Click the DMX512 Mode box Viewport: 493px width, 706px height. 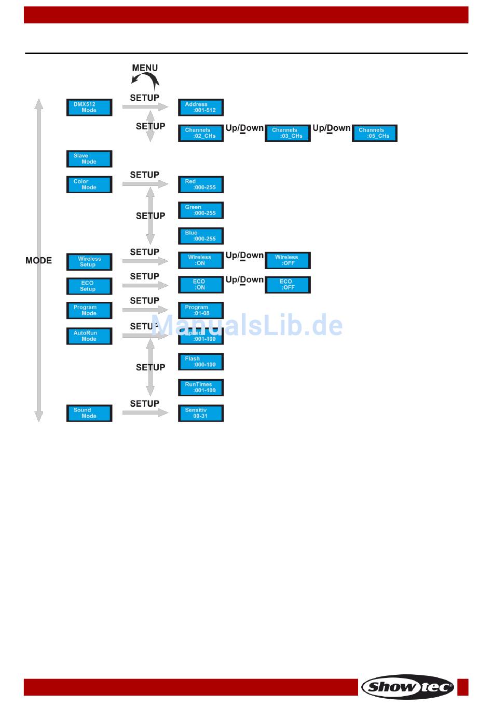pyautogui.click(x=89, y=108)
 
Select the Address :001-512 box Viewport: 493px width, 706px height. pyautogui.click(x=200, y=108)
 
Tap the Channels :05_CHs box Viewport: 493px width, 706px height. pyautogui.click(x=374, y=134)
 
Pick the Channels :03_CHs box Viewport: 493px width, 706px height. pyautogui.click(x=287, y=134)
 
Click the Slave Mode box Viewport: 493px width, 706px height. pyautogui.click(x=89, y=159)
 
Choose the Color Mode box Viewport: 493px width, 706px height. pyautogui.click(x=89, y=185)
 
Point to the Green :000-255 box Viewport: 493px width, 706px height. pyautogui.click(x=200, y=210)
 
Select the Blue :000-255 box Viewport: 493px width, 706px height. pyautogui.click(x=200, y=236)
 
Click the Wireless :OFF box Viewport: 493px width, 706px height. pyautogui.click(x=287, y=260)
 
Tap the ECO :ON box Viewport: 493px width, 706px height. pyautogui.click(x=200, y=285)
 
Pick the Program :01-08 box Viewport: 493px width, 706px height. pyautogui.click(x=200, y=311)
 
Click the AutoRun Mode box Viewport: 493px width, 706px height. pyautogui.click(x=89, y=336)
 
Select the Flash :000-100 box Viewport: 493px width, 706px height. pyautogui.click(x=200, y=362)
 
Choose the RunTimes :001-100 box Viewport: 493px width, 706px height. pyautogui.click(x=200, y=388)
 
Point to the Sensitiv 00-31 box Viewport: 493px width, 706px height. pyautogui.click(x=200, y=414)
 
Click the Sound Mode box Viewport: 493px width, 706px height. pyautogui.click(x=89, y=414)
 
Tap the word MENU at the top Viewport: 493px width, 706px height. pyautogui.click(x=145, y=68)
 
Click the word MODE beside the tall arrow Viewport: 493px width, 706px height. pyautogui.click(x=38, y=261)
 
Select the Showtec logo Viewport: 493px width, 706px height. pyautogui.click(x=408, y=687)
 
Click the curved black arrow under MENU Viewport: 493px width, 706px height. pyautogui.click(x=145, y=81)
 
